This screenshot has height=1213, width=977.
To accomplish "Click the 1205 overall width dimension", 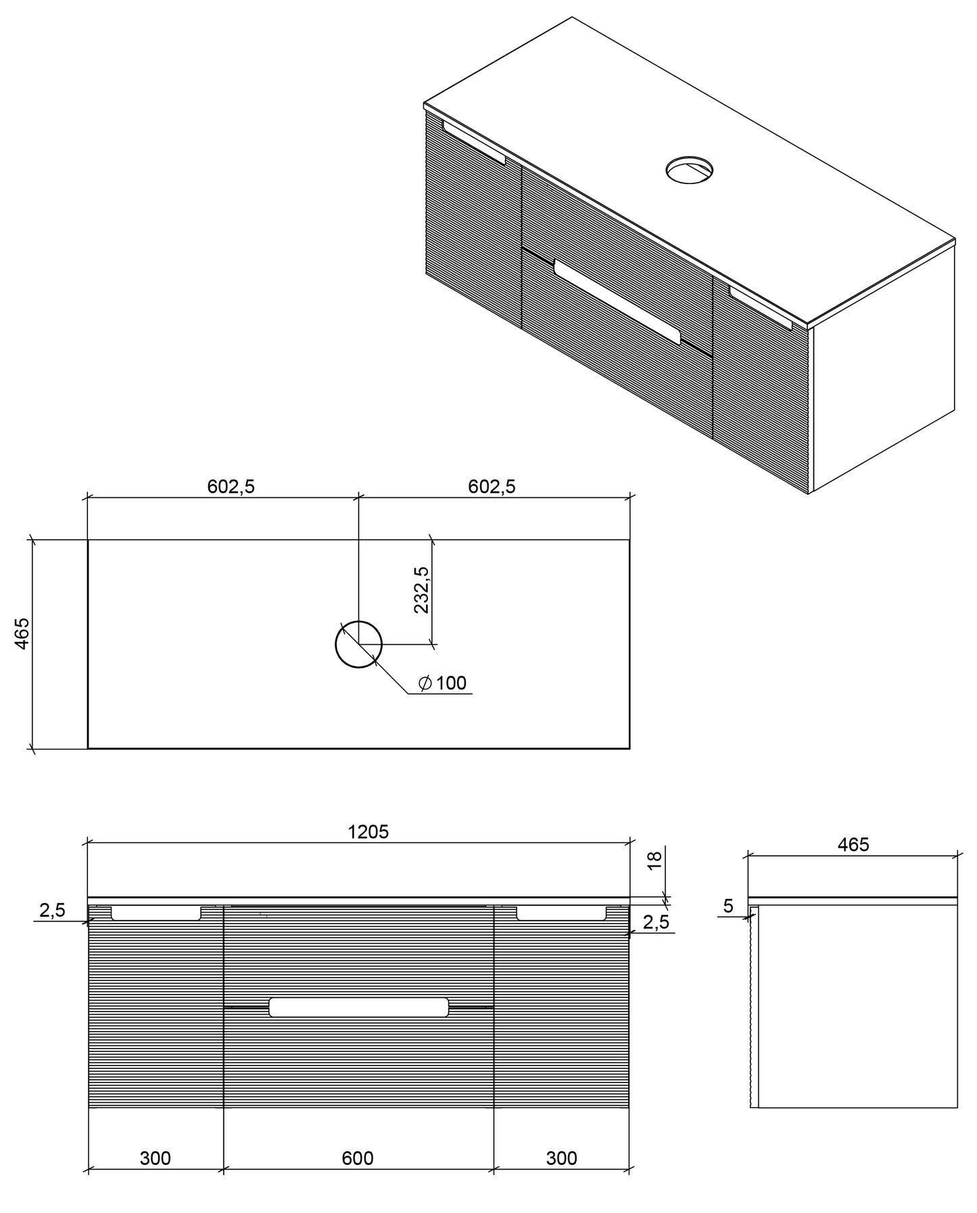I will tap(368, 831).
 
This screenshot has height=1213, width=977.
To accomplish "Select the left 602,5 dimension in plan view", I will tap(231, 486).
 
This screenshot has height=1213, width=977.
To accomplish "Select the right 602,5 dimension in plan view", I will tap(492, 486).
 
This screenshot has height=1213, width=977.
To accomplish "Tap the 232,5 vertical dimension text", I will tap(422, 589).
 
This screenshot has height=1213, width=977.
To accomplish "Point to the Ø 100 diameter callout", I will tap(444, 683).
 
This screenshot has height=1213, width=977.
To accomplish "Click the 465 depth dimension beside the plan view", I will tap(22, 633).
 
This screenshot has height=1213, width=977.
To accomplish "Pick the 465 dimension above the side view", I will tap(853, 844).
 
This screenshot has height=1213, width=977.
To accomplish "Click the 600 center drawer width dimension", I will tap(358, 1158).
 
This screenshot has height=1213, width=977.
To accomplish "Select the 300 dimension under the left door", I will tap(156, 1158).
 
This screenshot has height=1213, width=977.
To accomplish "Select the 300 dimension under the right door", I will tap(562, 1158).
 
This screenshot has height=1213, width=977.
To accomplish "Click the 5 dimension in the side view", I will tap(728, 906).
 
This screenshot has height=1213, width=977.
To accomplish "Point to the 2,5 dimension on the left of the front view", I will tap(52, 911).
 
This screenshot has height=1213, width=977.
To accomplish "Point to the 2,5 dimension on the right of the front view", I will tap(656, 922).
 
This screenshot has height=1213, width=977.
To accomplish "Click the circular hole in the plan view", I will tap(359, 644).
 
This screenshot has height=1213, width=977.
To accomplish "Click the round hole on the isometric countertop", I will tap(690, 169).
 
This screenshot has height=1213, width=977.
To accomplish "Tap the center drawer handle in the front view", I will tap(358, 1007).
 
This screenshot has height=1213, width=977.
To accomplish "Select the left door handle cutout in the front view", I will tap(156, 913).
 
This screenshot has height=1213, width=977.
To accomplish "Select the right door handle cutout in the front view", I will tap(562, 913).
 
